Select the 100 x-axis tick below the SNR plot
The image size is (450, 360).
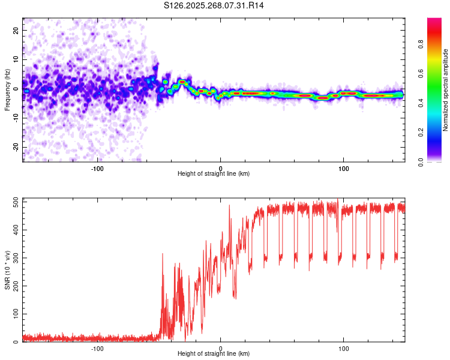(344, 347)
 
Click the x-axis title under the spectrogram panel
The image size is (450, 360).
(214, 174)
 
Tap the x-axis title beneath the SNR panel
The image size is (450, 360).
(214, 354)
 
